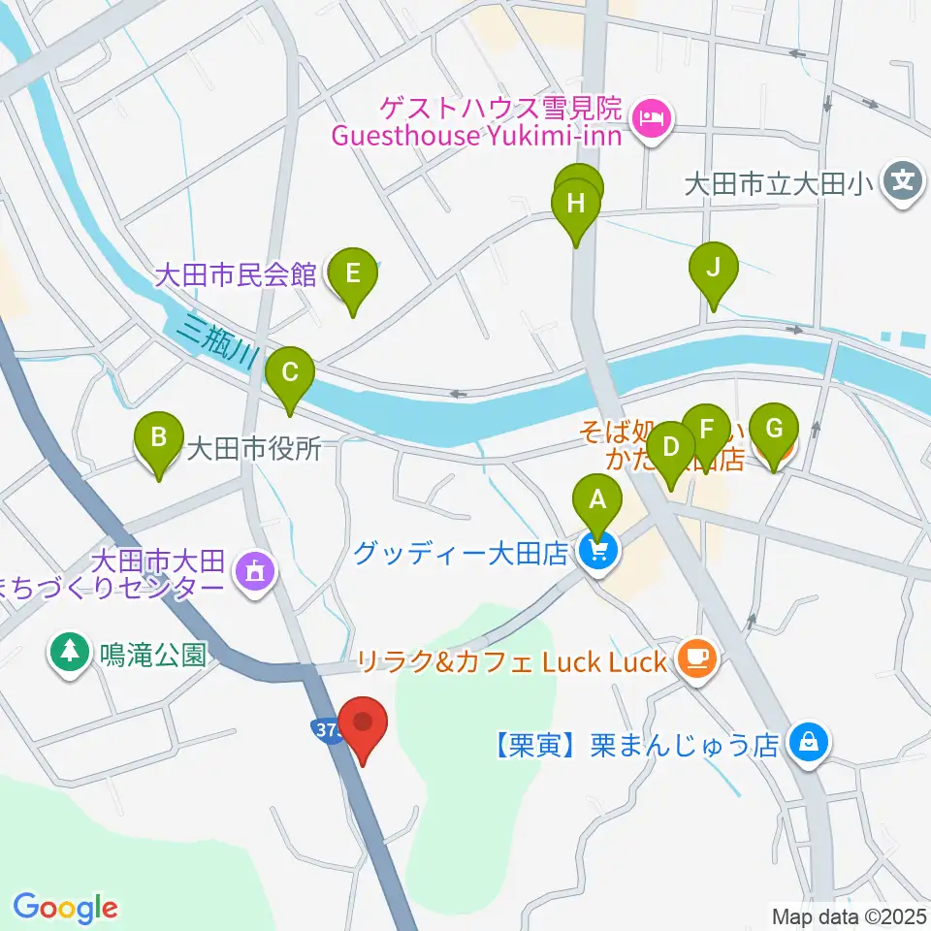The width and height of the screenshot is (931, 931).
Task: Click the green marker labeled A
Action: (598, 500)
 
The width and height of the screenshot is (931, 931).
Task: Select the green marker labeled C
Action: (289, 371)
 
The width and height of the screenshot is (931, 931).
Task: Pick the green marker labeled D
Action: (670, 448)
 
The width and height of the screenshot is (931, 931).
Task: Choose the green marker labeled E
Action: (353, 273)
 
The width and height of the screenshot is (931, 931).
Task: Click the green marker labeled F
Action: (706, 428)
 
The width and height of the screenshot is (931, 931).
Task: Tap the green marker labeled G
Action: (773, 428)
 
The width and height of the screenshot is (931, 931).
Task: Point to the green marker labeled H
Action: (576, 205)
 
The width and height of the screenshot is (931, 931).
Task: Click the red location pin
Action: (364, 723)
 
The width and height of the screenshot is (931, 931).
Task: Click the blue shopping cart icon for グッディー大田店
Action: (598, 553)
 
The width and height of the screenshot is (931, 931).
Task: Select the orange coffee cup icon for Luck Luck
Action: (697, 660)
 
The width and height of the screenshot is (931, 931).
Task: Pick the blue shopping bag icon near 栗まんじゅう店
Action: (807, 744)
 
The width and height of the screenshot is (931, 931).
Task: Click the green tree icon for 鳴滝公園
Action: (69, 651)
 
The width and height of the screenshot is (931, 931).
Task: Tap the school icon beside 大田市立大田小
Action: (903, 181)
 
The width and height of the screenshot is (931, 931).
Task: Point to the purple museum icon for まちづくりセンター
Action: (255, 573)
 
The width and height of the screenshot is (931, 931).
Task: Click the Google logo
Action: (65, 908)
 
